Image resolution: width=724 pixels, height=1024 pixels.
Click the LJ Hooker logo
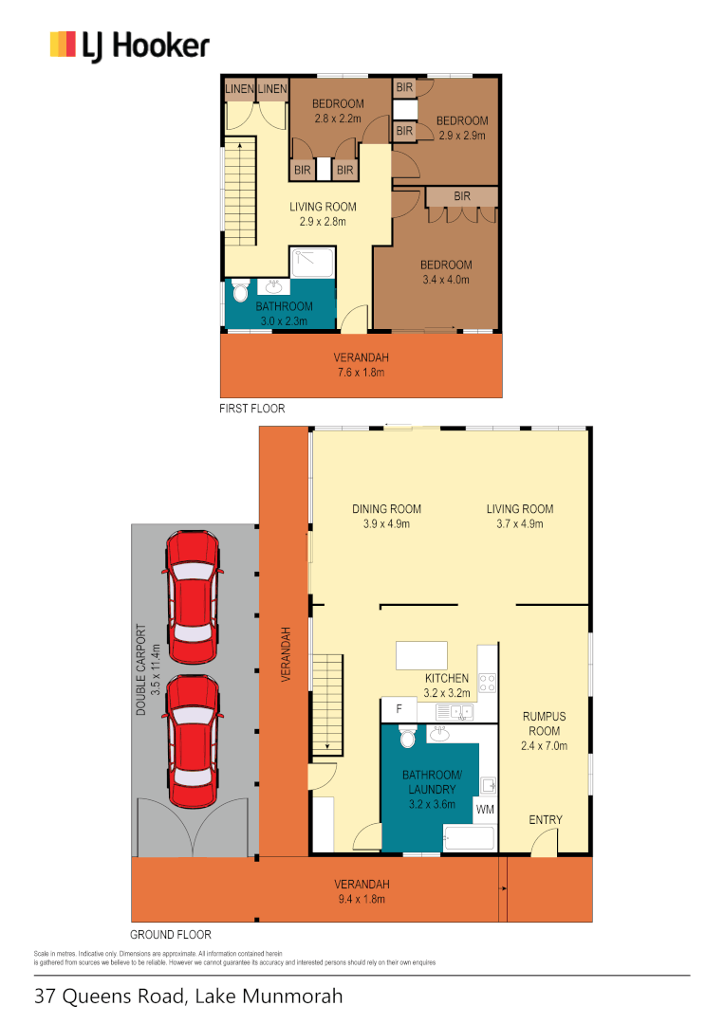click(x=129, y=46)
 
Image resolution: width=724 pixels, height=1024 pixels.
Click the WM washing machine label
click(x=485, y=810)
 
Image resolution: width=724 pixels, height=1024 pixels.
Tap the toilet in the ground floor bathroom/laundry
click(x=407, y=738)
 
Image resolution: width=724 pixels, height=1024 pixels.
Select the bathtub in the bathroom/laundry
click(x=469, y=839)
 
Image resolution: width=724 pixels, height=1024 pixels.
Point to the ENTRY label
click(x=546, y=820)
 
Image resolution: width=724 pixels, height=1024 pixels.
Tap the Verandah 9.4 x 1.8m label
click(x=362, y=891)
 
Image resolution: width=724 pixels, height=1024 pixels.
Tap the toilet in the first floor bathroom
click(x=240, y=292)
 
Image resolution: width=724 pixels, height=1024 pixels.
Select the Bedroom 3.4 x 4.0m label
click(x=446, y=272)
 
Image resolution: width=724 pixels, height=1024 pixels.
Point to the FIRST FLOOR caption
click(x=251, y=409)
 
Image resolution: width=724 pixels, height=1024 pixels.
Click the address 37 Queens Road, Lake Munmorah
click(x=188, y=997)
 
